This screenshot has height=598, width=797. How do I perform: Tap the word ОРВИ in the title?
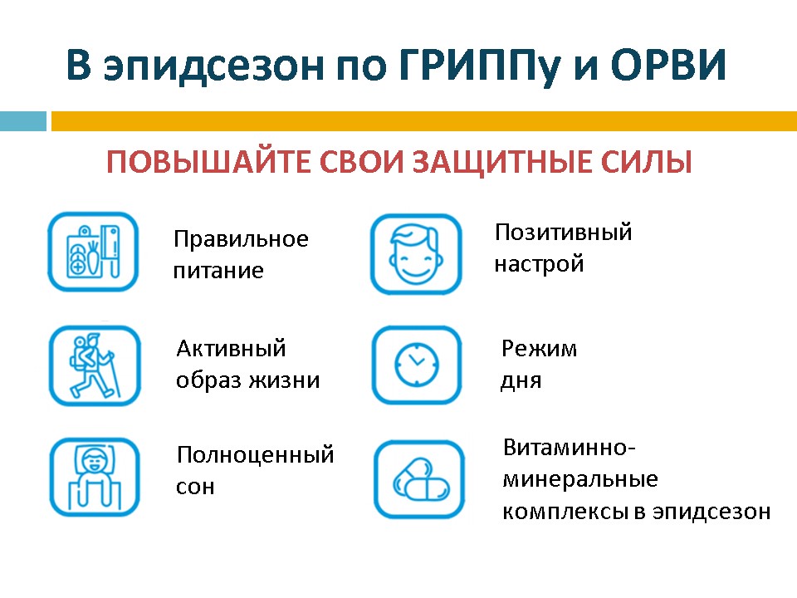click(667, 65)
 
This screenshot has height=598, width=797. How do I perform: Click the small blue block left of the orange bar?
click(23, 121)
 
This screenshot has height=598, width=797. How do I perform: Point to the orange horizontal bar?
click(424, 121)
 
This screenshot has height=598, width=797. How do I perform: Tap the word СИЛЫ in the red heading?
click(646, 162)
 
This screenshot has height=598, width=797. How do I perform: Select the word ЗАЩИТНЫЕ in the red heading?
click(503, 163)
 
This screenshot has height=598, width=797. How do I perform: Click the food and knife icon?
click(93, 252)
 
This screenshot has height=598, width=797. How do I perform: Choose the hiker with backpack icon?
click(95, 365)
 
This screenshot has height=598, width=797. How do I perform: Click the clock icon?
click(417, 365)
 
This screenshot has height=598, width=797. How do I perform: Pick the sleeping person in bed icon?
click(95, 477)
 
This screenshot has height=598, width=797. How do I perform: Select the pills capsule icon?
click(419, 479)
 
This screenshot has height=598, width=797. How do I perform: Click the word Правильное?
click(241, 239)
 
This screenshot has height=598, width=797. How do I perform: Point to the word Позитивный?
click(563, 232)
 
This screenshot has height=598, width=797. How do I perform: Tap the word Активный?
click(231, 348)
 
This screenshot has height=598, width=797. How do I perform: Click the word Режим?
click(539, 349)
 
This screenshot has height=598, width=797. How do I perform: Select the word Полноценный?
click(255, 455)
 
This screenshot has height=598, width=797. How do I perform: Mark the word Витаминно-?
click(570, 448)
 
